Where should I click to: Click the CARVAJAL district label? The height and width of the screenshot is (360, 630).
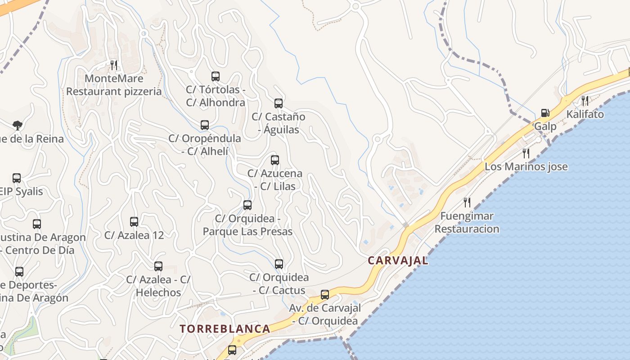398,261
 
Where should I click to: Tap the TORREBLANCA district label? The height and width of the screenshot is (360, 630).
225,329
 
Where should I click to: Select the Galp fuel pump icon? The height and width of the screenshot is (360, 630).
545,113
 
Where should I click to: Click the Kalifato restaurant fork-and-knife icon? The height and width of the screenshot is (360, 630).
585,100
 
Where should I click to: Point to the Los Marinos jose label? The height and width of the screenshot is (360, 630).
526,167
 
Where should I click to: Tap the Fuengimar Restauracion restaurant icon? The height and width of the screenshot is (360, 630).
467,202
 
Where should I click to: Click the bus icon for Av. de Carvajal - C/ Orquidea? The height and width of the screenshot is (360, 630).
325,295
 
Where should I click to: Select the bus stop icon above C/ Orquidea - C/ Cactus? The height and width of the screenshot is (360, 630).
279,264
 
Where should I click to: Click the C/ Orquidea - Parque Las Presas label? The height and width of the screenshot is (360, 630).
247,225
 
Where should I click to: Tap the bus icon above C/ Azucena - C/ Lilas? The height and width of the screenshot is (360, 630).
274,160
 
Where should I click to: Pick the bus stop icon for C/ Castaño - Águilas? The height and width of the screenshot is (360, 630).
279,103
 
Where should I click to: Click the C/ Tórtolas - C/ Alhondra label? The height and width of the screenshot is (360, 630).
216,96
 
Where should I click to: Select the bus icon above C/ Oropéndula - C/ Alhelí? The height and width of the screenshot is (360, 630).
205,125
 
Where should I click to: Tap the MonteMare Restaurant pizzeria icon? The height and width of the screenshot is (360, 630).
114,65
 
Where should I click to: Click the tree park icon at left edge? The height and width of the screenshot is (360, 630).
17,125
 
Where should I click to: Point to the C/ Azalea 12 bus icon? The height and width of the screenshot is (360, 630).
134,222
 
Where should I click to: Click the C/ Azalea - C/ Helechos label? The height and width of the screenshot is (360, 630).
158,286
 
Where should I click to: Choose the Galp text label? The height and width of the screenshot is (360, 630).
545,126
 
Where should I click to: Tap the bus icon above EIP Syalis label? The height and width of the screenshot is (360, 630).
17,178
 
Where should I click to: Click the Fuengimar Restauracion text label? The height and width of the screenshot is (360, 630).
467,222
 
